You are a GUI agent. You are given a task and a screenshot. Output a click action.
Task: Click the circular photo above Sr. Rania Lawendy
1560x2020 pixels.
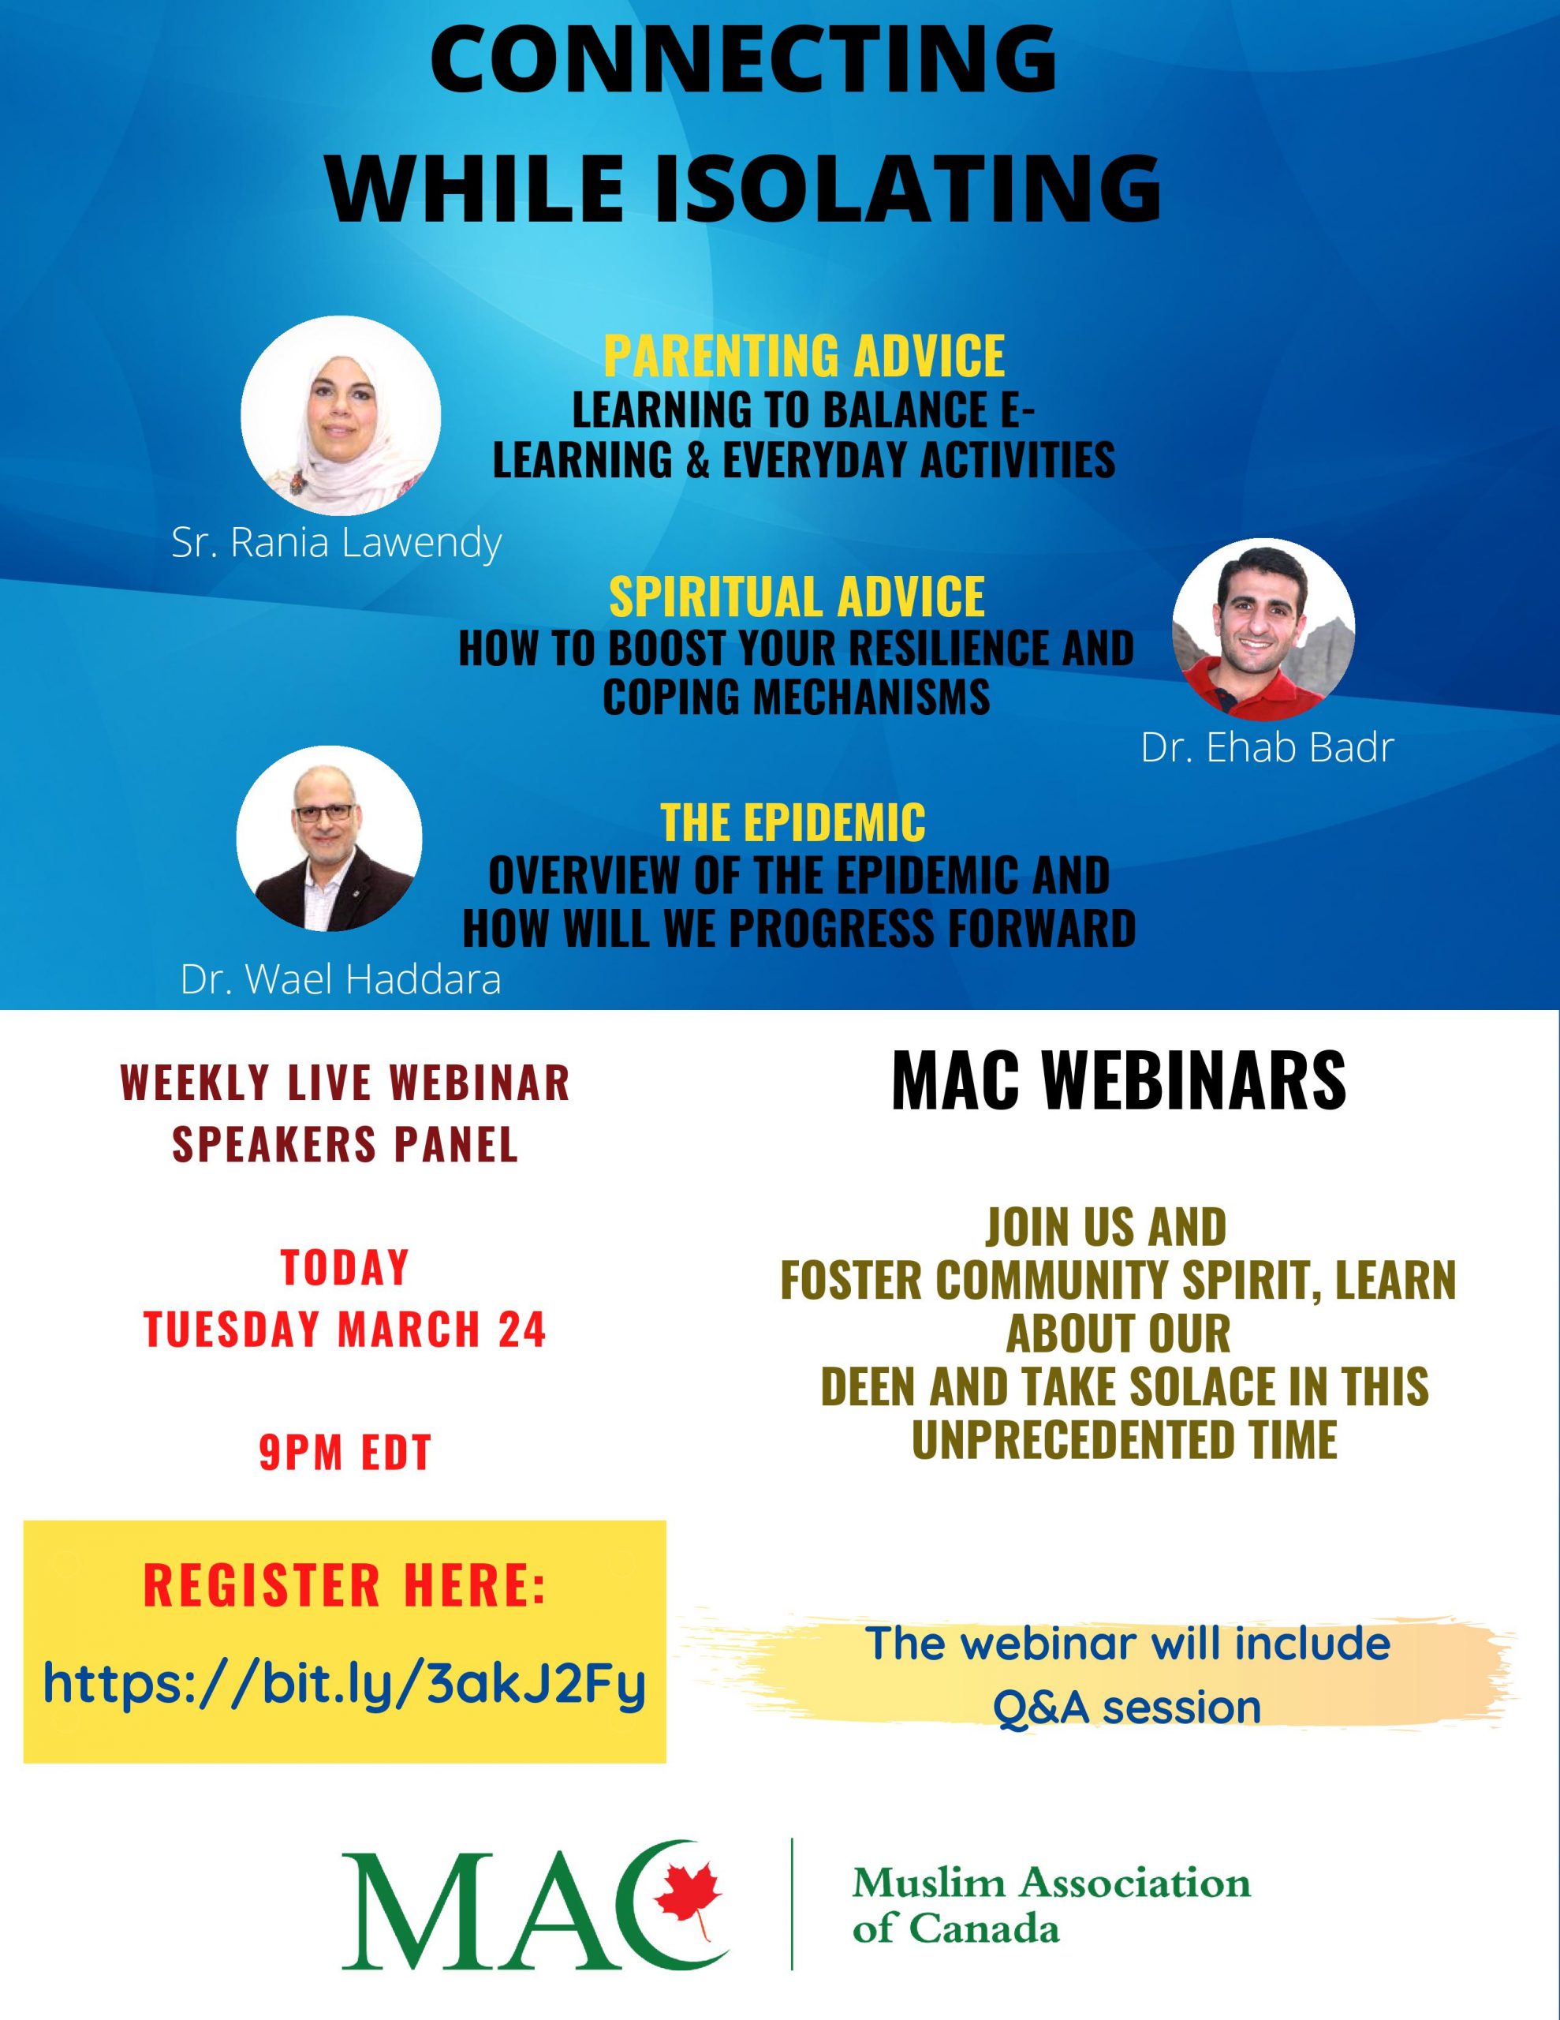tap(340, 416)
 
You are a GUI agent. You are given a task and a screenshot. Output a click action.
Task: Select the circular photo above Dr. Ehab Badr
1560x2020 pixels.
tap(1263, 629)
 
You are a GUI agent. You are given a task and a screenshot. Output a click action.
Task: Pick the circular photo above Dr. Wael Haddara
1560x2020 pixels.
tap(329, 837)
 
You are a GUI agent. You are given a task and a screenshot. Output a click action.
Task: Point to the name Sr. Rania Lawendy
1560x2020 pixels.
tap(337, 543)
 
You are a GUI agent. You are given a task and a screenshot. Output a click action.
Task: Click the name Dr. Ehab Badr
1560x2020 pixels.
tap(1267, 747)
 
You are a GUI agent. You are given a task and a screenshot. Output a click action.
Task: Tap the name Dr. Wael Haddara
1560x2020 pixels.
tap(341, 979)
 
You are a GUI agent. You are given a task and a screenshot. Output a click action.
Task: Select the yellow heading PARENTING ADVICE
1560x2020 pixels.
tap(804, 355)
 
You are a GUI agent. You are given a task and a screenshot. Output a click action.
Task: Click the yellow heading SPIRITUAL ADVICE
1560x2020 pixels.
tap(797, 596)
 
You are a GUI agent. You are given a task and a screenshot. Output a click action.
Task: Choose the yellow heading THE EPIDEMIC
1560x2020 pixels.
tap(793, 821)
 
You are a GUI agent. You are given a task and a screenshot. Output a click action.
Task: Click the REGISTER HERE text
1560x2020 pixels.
tap(345, 1584)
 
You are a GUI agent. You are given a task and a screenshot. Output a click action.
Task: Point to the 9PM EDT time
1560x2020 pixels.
tap(345, 1452)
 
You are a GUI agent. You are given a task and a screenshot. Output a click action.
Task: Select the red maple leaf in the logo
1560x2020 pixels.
tap(687, 1891)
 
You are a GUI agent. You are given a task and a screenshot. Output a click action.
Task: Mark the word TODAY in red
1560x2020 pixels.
tap(345, 1267)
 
